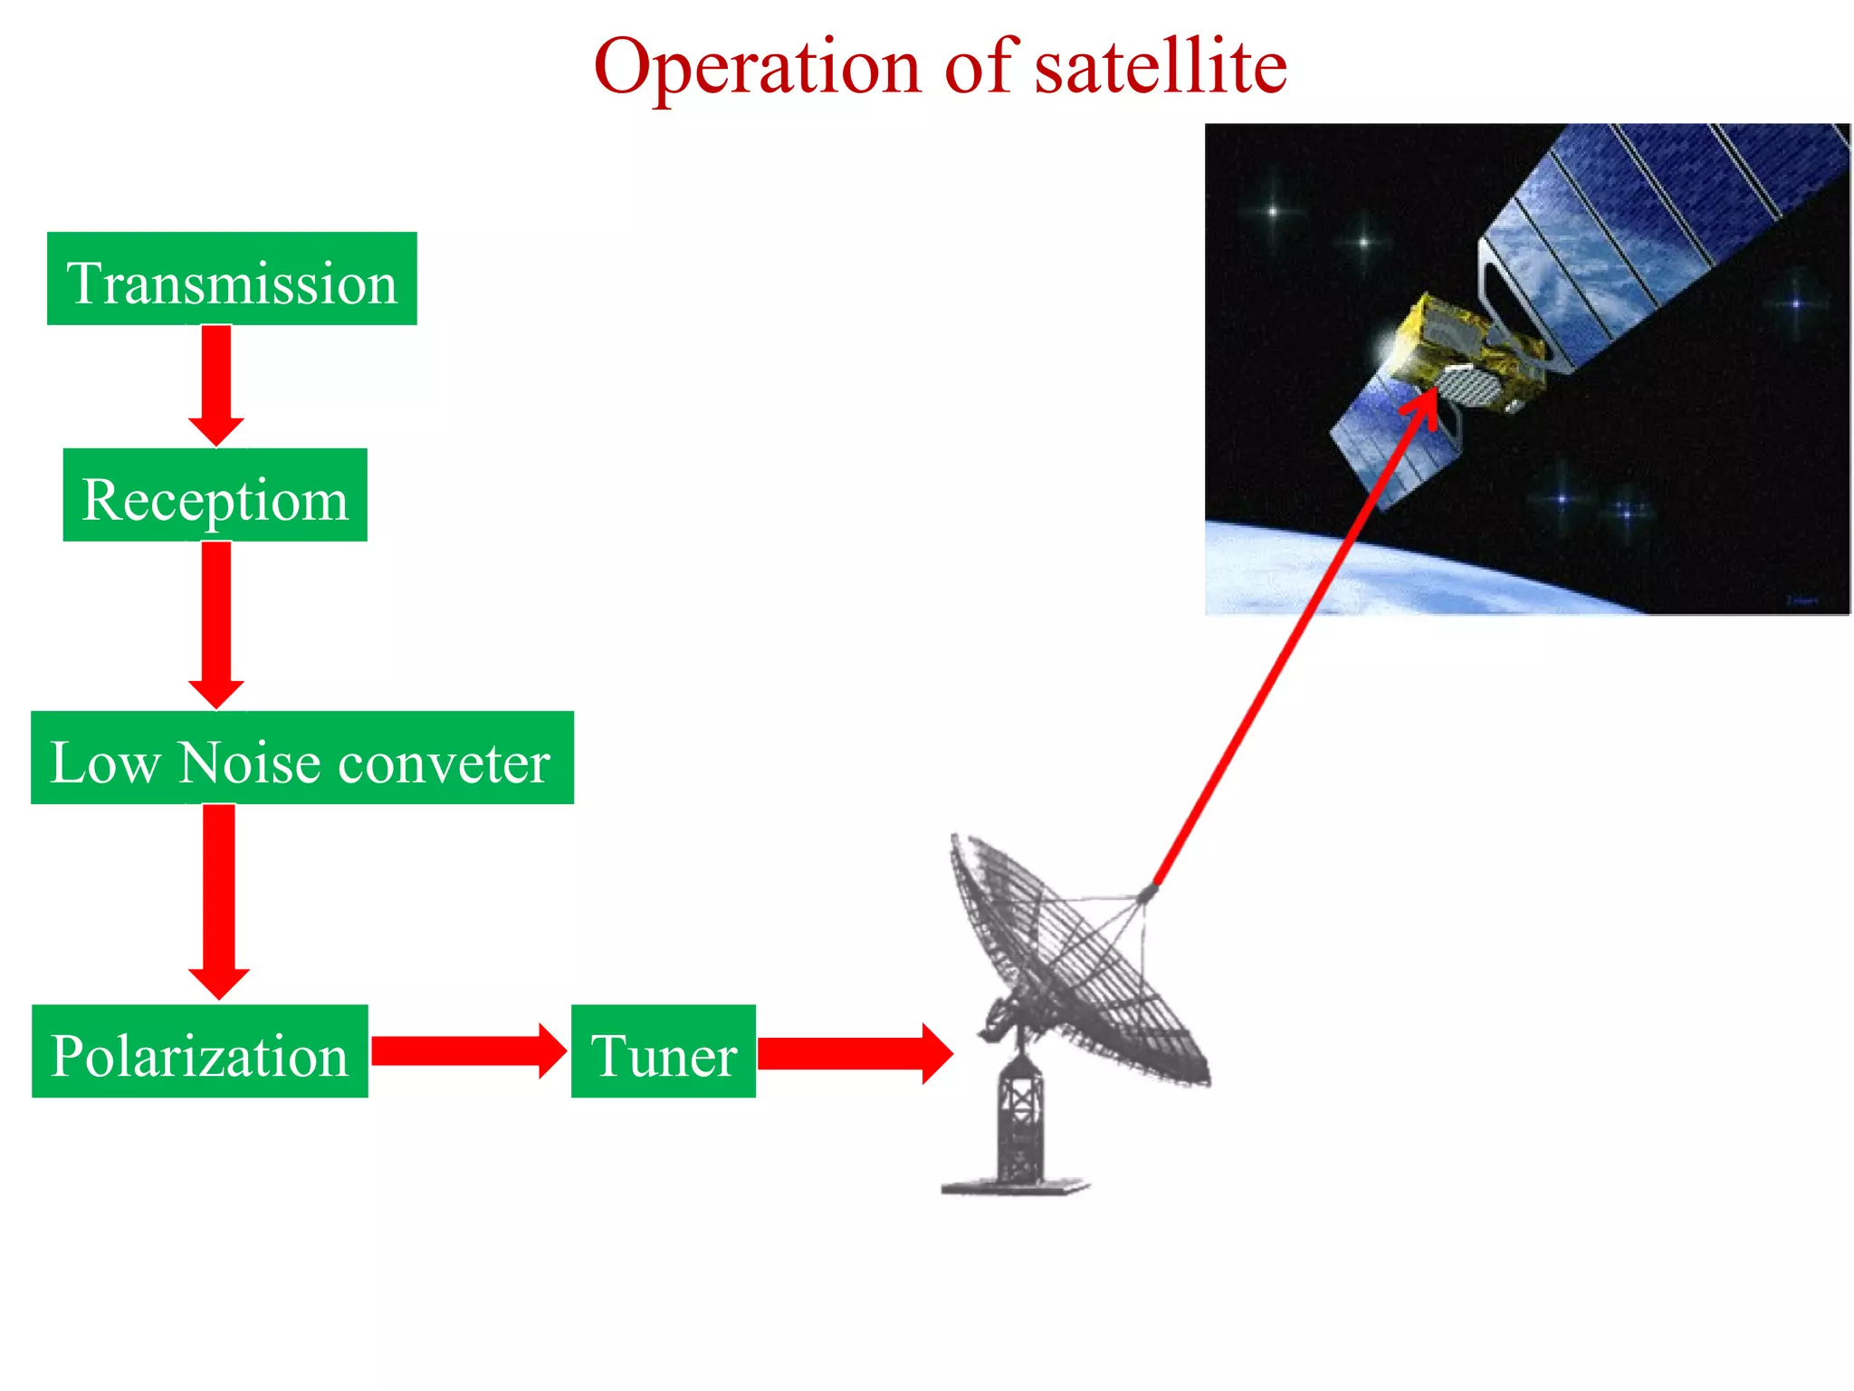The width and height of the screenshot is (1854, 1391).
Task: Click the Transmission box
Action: pyautogui.click(x=232, y=279)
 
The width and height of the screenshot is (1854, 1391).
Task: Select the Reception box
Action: pyautogui.click(x=215, y=495)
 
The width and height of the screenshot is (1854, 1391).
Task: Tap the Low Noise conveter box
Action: pyautogui.click(x=301, y=758)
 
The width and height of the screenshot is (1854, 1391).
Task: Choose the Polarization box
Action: pyautogui.click(x=199, y=1051)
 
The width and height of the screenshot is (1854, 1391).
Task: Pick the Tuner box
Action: pyautogui.click(x=663, y=1051)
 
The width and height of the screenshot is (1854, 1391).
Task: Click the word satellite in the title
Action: pyautogui.click(x=1161, y=67)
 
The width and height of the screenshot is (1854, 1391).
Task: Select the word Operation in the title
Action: pyautogui.click(x=757, y=67)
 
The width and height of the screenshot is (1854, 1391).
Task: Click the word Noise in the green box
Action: pyautogui.click(x=248, y=762)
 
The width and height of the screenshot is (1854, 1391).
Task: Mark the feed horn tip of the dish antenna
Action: pyautogui.click(x=1147, y=894)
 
